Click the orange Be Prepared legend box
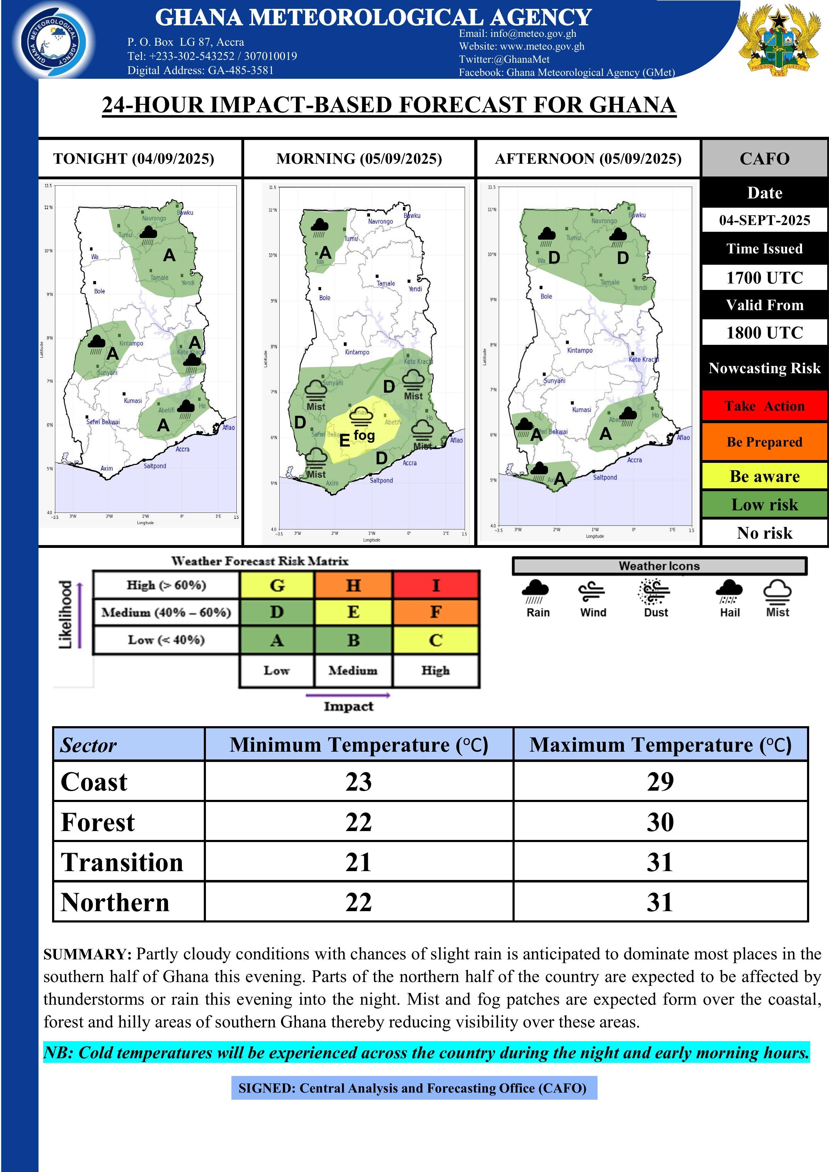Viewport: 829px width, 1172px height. pos(764,442)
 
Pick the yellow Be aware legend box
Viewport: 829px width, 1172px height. pos(764,476)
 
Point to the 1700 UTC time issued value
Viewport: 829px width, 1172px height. pos(764,278)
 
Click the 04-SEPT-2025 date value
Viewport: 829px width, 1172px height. pos(764,220)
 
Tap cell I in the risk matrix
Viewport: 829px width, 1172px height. pos(436,585)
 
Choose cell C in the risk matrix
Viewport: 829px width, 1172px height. pos(436,640)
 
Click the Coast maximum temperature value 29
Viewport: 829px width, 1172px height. pos(660,781)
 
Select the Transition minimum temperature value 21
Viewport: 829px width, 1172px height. pos(358,862)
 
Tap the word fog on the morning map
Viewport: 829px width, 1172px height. pos(364,435)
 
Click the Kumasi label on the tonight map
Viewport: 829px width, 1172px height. pos(133,401)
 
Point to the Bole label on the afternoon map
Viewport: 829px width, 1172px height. pos(546,297)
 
